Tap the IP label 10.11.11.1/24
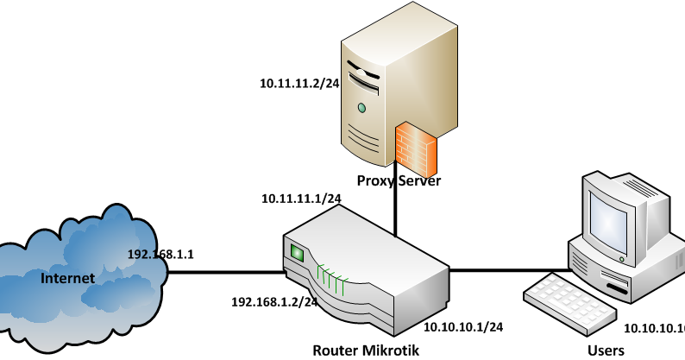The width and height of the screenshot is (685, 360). (301, 199)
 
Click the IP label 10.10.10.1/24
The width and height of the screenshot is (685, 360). (463, 327)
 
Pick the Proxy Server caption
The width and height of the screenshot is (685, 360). (399, 181)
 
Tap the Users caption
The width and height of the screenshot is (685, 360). (606, 351)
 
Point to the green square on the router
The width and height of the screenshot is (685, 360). (299, 254)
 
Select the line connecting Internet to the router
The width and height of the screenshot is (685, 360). (224, 273)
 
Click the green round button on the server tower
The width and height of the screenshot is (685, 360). (361, 108)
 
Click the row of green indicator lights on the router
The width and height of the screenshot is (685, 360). (331, 275)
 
